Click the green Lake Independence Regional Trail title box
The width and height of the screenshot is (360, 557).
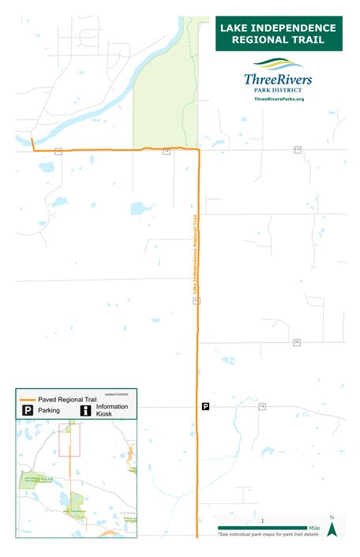[x=279, y=33]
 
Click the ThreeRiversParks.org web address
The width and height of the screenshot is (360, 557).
[x=279, y=98]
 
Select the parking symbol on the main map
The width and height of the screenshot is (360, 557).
[x=206, y=406]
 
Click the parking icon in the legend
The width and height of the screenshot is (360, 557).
[x=27, y=411]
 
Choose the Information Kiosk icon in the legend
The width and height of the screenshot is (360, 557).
[x=84, y=411]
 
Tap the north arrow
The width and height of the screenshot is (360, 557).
[x=332, y=527]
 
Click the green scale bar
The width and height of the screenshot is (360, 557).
[x=262, y=528]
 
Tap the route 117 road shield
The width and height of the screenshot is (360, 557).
[x=298, y=149]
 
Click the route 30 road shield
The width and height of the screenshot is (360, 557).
[x=297, y=342]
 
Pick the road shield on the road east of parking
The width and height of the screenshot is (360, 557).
[x=261, y=406]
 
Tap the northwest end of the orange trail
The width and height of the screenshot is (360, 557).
[x=32, y=140]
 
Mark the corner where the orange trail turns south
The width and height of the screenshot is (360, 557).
[x=198, y=149]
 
